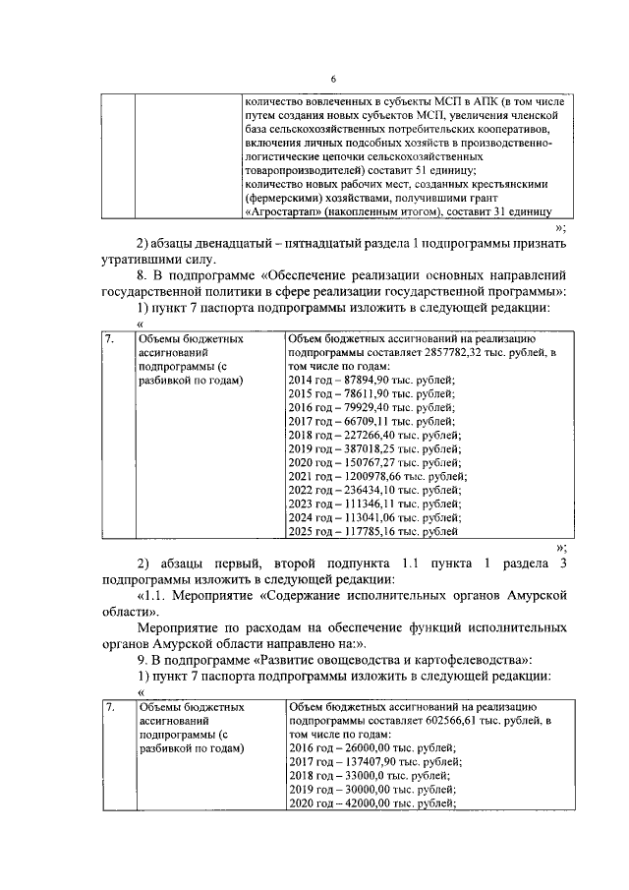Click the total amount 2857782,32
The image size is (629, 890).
pos(476,352)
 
